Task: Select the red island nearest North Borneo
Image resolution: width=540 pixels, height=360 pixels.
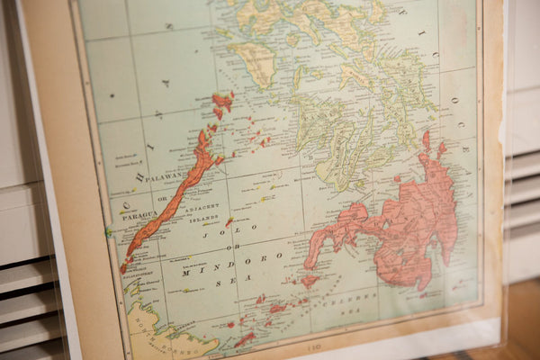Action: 244,339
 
